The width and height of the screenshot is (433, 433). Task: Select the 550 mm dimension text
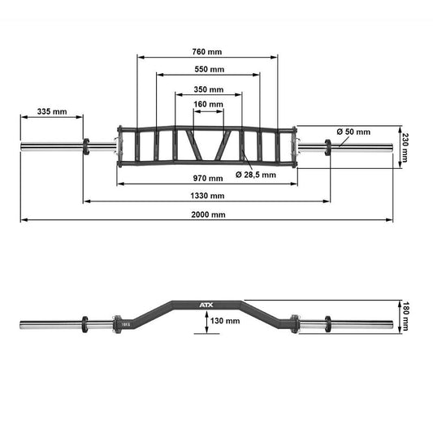point(209,69)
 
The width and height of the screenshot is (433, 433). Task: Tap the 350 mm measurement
point(209,89)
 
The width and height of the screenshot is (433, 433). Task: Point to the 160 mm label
point(209,105)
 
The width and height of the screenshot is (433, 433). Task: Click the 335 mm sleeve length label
point(52,111)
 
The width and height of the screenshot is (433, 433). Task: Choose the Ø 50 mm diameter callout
point(353,132)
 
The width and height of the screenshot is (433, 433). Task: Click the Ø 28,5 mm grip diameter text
point(256,175)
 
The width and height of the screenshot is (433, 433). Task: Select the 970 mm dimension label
point(209,178)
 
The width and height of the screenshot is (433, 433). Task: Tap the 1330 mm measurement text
point(209,196)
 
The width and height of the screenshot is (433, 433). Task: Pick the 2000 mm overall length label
point(209,215)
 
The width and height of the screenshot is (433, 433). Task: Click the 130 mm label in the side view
point(224,321)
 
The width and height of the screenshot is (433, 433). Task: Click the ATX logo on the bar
point(203,305)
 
